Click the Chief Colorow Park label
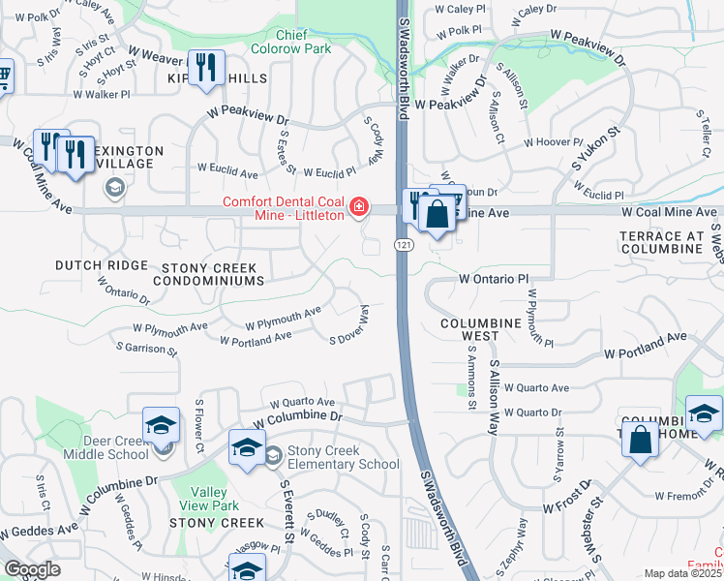(306, 42)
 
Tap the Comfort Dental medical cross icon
(358, 207)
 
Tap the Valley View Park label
(210, 499)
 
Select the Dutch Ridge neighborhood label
(102, 264)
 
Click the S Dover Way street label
(350, 325)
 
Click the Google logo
(33, 570)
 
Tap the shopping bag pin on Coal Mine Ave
(437, 213)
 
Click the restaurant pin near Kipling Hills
(206, 68)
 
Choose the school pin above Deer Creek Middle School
(161, 424)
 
